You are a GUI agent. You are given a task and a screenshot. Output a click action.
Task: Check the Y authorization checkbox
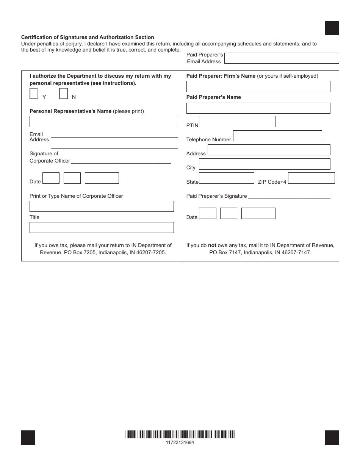point(34,94)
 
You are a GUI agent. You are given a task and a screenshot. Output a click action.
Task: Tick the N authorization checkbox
point(64,94)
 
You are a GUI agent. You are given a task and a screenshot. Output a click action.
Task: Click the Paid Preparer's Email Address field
point(282,58)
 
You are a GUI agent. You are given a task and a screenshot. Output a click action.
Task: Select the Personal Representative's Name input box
point(103,122)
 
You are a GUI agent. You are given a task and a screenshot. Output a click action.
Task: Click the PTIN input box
point(237,122)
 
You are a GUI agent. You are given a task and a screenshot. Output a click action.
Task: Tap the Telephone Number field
point(277,136)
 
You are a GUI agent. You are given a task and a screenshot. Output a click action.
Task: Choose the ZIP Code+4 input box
point(311,178)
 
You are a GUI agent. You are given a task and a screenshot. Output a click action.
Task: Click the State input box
point(226,178)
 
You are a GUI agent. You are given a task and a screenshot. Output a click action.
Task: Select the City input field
point(264,164)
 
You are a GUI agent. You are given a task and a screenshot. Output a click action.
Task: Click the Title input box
point(102,227)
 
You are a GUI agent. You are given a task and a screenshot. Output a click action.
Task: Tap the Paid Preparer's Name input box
point(258,108)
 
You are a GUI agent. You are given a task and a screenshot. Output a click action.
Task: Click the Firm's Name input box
point(258,86)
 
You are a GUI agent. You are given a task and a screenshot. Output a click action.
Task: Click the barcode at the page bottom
point(180,435)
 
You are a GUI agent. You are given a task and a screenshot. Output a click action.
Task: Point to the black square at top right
point(332,28)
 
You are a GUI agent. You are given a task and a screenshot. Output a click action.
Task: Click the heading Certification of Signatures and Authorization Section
point(88,37)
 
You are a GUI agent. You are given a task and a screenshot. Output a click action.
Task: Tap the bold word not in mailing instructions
point(212,245)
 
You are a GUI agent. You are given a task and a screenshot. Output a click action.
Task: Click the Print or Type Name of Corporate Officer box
point(102,206)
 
